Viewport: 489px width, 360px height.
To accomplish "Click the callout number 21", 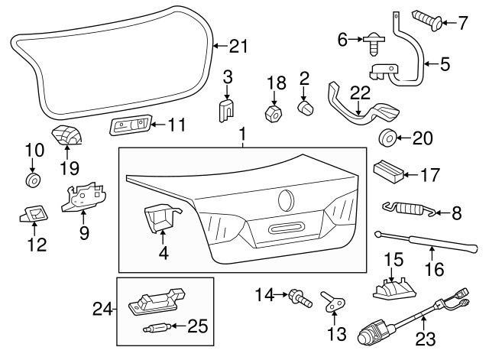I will tap(238, 47).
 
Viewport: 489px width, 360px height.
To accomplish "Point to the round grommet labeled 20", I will tap(387, 139).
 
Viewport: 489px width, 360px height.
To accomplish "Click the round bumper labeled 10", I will tap(32, 180).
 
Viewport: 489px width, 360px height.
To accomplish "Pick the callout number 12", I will tap(36, 245).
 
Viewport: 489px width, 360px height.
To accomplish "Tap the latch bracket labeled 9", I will tap(83, 199).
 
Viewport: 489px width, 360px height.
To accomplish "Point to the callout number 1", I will tap(243, 137).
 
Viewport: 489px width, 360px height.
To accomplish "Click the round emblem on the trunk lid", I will tap(287, 200).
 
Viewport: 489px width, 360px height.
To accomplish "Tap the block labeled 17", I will tap(389, 170).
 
